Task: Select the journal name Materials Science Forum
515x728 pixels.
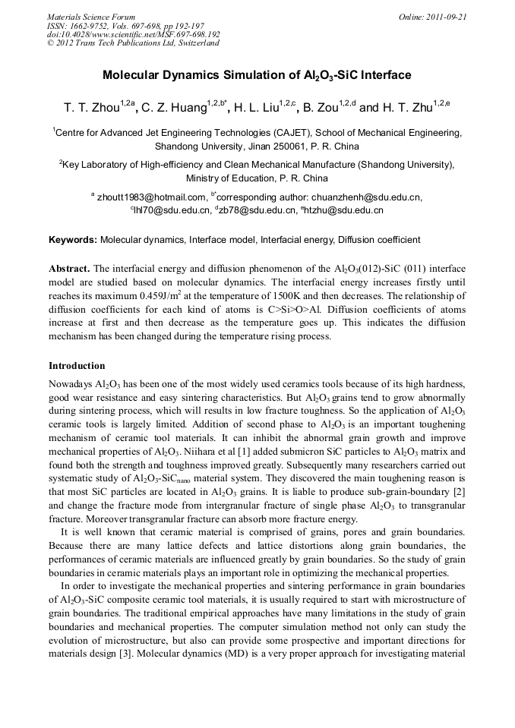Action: [91, 16]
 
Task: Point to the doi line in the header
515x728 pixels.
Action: [134, 34]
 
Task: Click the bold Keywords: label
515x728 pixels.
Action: [73, 240]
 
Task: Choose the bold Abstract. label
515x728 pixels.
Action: [70, 269]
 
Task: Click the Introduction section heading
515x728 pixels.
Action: [77, 365]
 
